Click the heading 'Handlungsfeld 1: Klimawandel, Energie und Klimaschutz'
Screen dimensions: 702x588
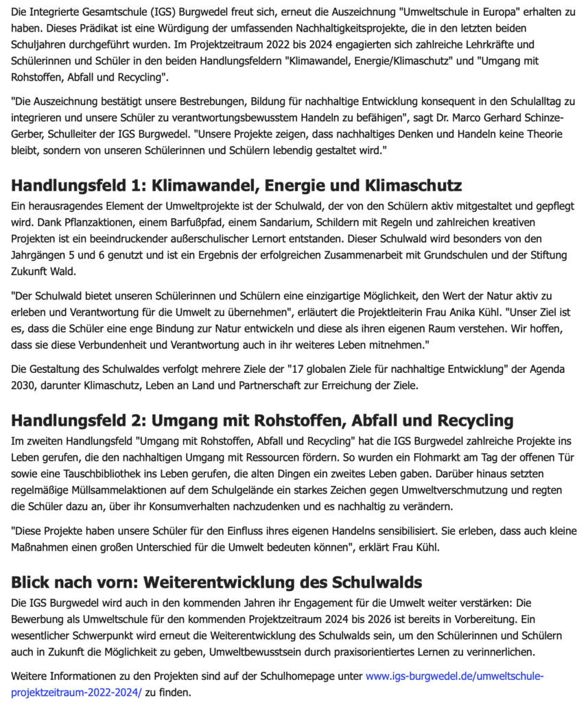(x=237, y=186)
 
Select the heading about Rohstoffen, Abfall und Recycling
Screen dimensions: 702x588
(x=261, y=419)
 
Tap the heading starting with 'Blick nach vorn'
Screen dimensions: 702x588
(x=216, y=582)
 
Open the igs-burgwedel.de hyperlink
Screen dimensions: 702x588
(x=454, y=676)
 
